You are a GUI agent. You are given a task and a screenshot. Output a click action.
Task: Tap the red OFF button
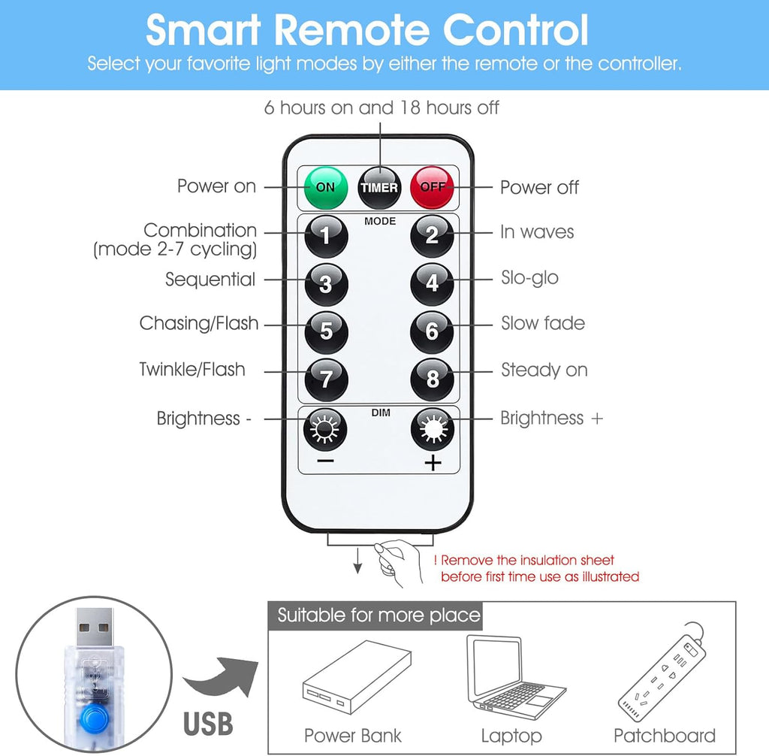432,188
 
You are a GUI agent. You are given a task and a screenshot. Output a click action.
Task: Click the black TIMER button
379,188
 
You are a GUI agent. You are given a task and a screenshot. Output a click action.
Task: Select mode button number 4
432,284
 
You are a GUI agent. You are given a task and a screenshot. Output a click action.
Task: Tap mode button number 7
326,380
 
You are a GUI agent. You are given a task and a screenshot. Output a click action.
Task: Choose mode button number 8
432,380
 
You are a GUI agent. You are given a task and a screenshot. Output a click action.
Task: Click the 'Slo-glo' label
529,278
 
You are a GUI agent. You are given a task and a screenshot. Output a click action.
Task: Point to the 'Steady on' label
544,370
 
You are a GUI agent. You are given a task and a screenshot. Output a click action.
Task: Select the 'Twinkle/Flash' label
192,369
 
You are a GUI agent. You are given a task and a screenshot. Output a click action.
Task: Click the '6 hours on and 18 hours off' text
381,107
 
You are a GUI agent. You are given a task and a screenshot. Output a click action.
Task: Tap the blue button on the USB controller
94,718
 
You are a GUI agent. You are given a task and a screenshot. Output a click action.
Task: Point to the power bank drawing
357,677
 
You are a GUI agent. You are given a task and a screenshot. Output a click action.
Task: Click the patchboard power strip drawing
662,672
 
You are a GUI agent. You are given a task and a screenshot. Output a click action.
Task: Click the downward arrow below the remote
358,560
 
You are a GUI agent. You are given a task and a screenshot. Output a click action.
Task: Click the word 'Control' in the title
515,30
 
